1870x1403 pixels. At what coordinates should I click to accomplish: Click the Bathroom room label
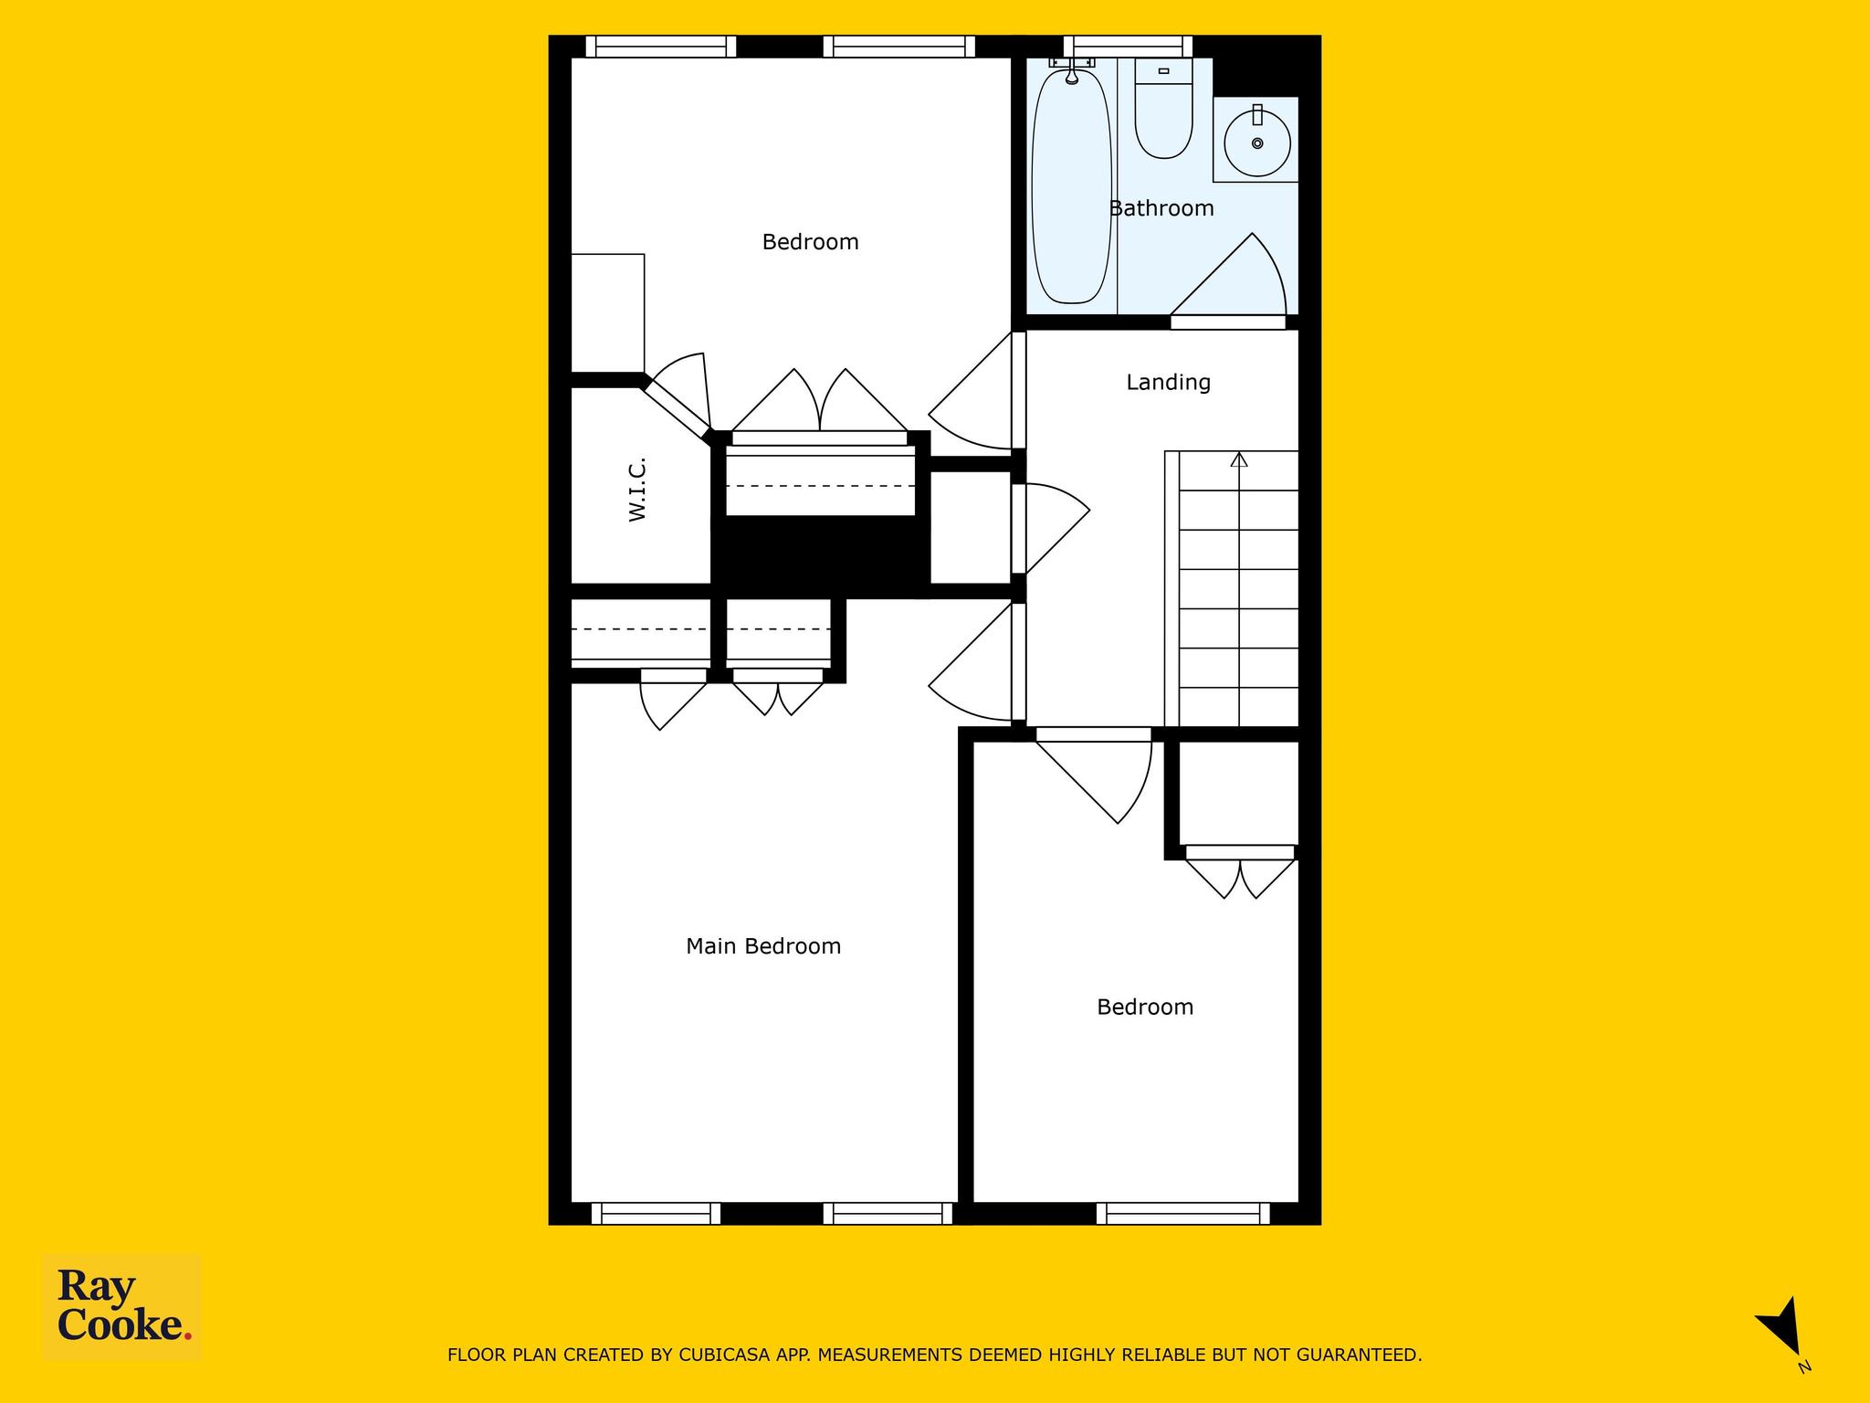click(x=1161, y=208)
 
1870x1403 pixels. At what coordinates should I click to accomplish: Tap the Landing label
click(x=1168, y=383)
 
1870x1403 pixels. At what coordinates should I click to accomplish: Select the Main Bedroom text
click(x=763, y=946)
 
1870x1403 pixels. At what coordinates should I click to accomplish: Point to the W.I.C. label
click(x=637, y=490)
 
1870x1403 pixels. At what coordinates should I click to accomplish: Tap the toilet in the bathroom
click(x=1163, y=110)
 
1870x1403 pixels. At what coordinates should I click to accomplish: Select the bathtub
click(x=1071, y=187)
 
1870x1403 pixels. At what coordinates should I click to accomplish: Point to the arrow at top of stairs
click(x=1239, y=459)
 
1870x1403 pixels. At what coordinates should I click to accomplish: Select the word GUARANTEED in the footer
click(x=1365, y=1355)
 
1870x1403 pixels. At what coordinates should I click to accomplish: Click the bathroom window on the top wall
click(x=1129, y=47)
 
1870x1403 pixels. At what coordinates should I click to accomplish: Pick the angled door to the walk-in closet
click(x=677, y=408)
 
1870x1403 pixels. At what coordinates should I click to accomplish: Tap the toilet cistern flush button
click(x=1163, y=70)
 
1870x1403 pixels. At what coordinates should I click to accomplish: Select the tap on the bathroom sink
click(x=1257, y=115)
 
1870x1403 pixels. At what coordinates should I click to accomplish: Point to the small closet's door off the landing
click(x=1051, y=529)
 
